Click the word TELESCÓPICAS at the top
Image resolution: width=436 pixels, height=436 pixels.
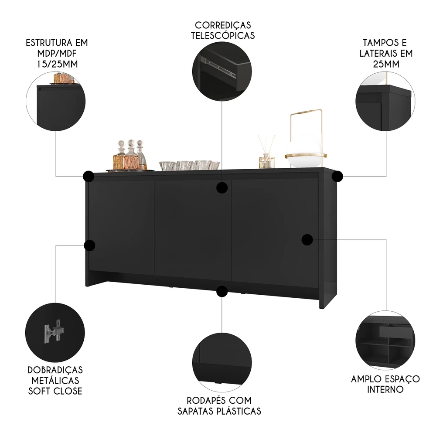click(x=222, y=35)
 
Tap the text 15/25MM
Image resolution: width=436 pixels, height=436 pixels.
click(x=57, y=64)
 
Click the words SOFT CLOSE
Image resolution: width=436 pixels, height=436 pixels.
click(x=55, y=391)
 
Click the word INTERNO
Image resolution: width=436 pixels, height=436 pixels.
click(x=385, y=389)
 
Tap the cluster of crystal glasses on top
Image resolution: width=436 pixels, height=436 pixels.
click(x=189, y=165)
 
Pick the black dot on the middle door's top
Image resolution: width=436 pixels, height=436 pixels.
click(x=222, y=188)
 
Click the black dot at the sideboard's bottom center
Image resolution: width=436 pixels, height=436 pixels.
click(x=222, y=291)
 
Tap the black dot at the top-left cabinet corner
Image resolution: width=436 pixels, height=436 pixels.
click(x=89, y=176)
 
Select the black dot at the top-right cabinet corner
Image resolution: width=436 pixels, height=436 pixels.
click(x=337, y=177)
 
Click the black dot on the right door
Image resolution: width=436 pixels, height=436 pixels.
click(x=307, y=239)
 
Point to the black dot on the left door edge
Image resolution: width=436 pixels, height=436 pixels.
click(x=89, y=245)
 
